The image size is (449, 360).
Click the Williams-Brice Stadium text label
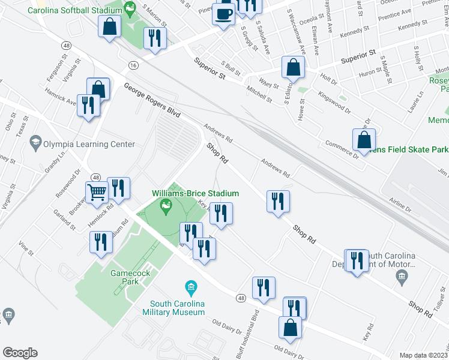click(x=195, y=193)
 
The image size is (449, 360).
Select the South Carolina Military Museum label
click(x=174, y=307)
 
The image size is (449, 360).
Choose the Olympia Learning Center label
click(x=88, y=144)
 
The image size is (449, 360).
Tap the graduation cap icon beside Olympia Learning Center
click(x=34, y=143)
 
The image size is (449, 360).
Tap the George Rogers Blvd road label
click(x=152, y=100)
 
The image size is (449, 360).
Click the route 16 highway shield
click(x=131, y=65)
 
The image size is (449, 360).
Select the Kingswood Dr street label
click(x=334, y=100)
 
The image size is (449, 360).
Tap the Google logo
click(x=20, y=353)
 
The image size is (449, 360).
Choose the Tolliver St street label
click(x=440, y=311)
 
